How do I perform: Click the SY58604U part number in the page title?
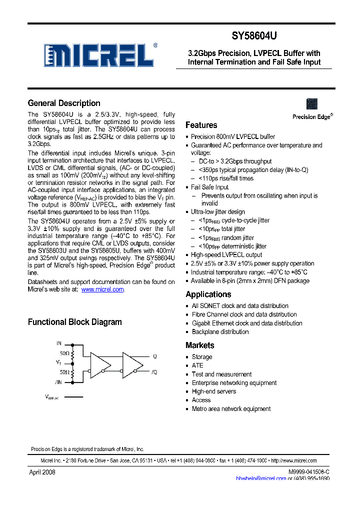[x=254, y=36]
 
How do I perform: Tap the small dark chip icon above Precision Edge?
[x=312, y=104]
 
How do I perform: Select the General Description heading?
[x=64, y=103]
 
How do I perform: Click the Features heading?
[x=201, y=125]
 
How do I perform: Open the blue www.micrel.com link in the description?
[x=102, y=289]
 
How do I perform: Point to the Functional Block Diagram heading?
[x=74, y=322]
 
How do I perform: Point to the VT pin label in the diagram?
[x=58, y=362]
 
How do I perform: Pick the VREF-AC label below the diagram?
[x=52, y=398]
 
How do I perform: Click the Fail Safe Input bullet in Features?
[x=210, y=187]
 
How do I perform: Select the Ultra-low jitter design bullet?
[x=218, y=212]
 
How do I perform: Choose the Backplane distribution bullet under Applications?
[x=220, y=332]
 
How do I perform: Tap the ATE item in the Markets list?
[x=197, y=365]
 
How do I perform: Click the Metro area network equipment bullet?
[x=231, y=409]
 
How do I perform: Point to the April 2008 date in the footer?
[x=41, y=472]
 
